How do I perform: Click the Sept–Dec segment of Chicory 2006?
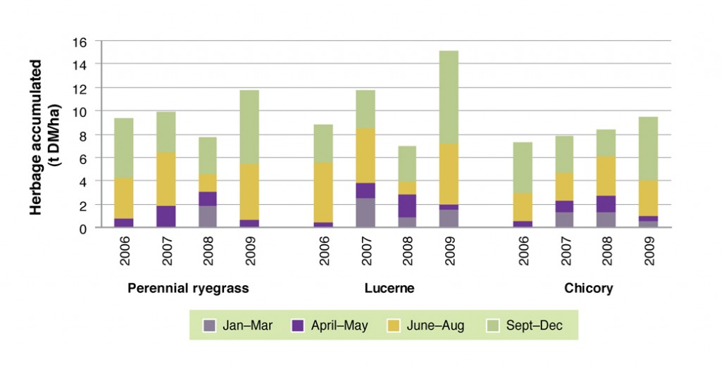pyautogui.click(x=523, y=168)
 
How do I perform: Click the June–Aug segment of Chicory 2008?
pyautogui.click(x=606, y=176)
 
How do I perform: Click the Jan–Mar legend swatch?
pyautogui.click(x=209, y=325)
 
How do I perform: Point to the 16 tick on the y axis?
pyautogui.click(x=99, y=41)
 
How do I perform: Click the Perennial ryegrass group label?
pyautogui.click(x=188, y=288)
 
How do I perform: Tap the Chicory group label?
pyautogui.click(x=589, y=288)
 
